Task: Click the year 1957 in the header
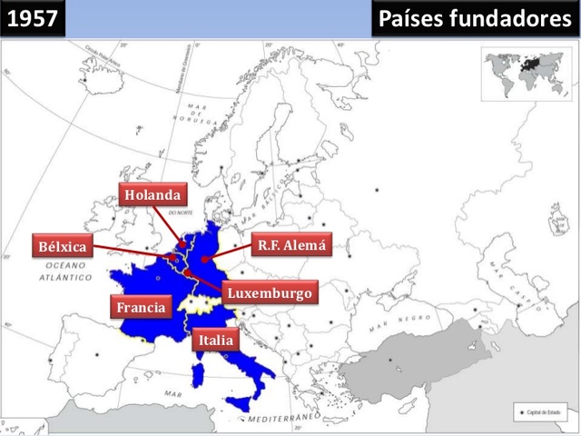coord(33,19)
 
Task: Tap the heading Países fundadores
coord(476,19)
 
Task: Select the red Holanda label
coord(153,195)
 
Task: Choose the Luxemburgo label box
coord(270,293)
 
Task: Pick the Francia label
coord(141,307)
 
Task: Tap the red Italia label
coord(215,341)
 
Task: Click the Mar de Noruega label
coord(195,113)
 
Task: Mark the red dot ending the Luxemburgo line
coord(187,272)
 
